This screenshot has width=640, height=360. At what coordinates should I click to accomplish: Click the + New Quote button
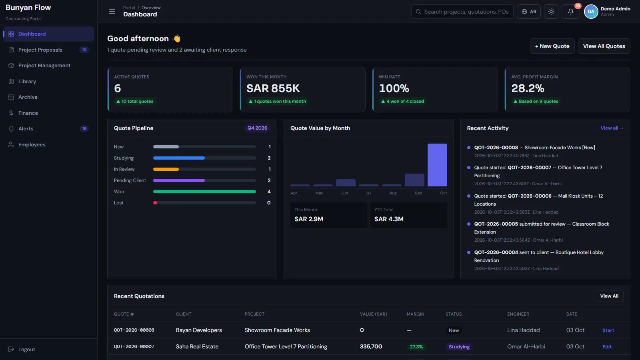(x=552, y=46)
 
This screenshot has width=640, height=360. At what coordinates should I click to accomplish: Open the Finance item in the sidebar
(x=28, y=113)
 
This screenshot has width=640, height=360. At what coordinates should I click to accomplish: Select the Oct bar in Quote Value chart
(x=437, y=165)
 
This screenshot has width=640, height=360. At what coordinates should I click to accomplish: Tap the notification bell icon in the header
(x=570, y=12)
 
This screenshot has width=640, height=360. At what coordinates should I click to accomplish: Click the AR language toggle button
(x=528, y=12)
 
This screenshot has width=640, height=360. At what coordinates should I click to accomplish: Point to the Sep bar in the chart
(x=414, y=180)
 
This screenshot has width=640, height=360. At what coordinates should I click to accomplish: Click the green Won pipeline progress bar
(x=204, y=192)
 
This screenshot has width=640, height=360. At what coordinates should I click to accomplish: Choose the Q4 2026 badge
(x=257, y=128)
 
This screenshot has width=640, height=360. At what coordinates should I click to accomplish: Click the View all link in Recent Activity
(x=612, y=128)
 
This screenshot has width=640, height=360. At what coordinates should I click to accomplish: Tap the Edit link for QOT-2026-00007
(x=607, y=346)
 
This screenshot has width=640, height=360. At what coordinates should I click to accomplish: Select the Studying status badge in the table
(x=459, y=346)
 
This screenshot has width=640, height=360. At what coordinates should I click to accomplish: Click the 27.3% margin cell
(x=416, y=346)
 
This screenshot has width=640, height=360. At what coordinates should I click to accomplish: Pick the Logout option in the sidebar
(x=26, y=349)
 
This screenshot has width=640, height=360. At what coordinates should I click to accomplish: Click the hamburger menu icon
(x=112, y=12)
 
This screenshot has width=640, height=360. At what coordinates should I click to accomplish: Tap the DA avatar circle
(x=591, y=12)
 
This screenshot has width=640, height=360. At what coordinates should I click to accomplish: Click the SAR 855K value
(x=273, y=88)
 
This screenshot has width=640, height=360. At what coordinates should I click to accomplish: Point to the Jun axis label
(x=344, y=193)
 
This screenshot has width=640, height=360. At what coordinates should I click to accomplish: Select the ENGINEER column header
(x=518, y=314)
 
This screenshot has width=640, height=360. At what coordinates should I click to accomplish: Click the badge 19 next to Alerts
(x=84, y=128)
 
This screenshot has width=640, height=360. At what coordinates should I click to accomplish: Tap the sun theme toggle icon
(x=551, y=12)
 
